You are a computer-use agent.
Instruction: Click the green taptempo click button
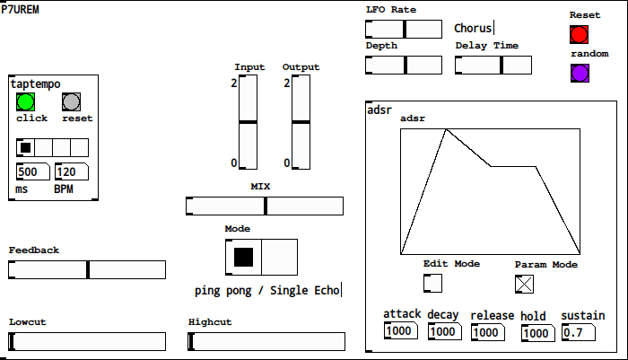coord(25,101)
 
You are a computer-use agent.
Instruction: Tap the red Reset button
coord(579,35)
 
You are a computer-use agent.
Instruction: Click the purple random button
coord(579,73)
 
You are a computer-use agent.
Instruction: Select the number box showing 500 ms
coord(32,171)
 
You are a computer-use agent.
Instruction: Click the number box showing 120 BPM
coord(70,171)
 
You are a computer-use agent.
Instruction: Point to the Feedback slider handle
coord(88,269)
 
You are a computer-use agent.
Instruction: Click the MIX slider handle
coord(265,206)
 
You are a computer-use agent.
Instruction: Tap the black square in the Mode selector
coord(243,258)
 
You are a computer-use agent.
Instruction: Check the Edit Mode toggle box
coord(432,283)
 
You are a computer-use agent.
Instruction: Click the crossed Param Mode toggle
coord(525,284)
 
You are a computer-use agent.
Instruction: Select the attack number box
coord(401,331)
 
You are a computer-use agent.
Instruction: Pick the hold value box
coord(537,333)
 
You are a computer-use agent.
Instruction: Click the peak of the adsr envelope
coord(446,129)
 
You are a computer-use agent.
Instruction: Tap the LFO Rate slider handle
coord(405,29)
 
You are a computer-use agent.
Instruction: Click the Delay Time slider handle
coord(502,65)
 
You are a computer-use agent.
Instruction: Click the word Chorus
coord(473,29)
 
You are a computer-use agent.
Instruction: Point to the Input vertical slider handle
coord(247,121)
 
